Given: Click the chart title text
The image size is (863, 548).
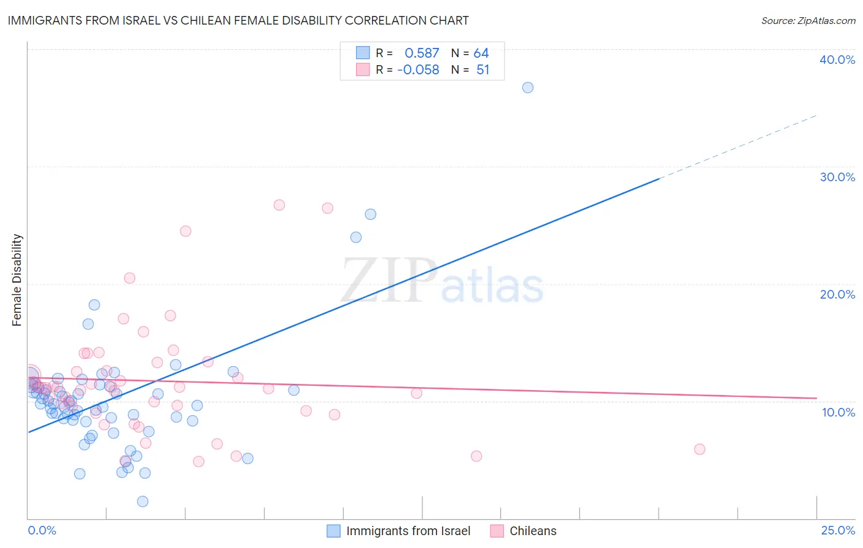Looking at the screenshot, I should point(238,20).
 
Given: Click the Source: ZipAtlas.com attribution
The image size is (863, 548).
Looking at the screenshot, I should point(808,20).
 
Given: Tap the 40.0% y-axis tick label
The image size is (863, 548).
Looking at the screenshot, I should point(837,60).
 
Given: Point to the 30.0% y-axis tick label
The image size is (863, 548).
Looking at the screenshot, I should point(837,177).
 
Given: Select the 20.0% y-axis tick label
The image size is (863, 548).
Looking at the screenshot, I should point(837,294).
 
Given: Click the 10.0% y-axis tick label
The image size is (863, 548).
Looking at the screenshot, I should point(838,412).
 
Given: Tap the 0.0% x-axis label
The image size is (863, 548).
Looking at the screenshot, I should point(42,530).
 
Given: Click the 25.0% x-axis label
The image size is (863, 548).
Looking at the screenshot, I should point(838,530).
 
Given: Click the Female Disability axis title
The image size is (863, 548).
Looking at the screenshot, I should point(17,280).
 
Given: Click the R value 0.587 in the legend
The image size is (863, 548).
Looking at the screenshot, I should point(422,53).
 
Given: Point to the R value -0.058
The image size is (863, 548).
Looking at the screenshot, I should point(418,70).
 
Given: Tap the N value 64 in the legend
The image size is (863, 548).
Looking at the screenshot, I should point(481,53).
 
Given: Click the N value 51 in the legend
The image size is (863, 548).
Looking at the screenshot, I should point(482,70).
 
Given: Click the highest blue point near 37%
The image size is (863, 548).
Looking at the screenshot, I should point(528,87).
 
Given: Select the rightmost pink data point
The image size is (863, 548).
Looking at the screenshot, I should point(700,449).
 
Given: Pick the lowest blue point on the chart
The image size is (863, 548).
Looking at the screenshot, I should point(142,501).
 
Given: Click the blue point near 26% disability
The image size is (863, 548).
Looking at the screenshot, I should point(371,214).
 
